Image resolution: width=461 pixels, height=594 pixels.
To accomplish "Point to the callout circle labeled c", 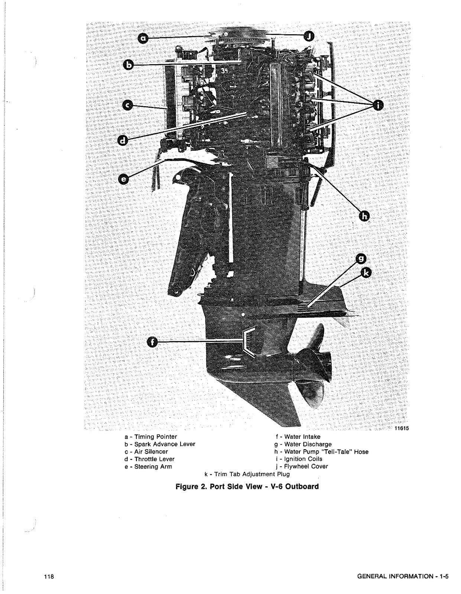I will [x=128, y=106].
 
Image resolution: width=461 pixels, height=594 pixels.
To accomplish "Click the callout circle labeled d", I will [x=123, y=140].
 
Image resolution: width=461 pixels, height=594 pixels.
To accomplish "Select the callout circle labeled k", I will [x=366, y=273].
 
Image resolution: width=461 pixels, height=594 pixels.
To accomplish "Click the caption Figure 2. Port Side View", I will [x=247, y=486].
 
